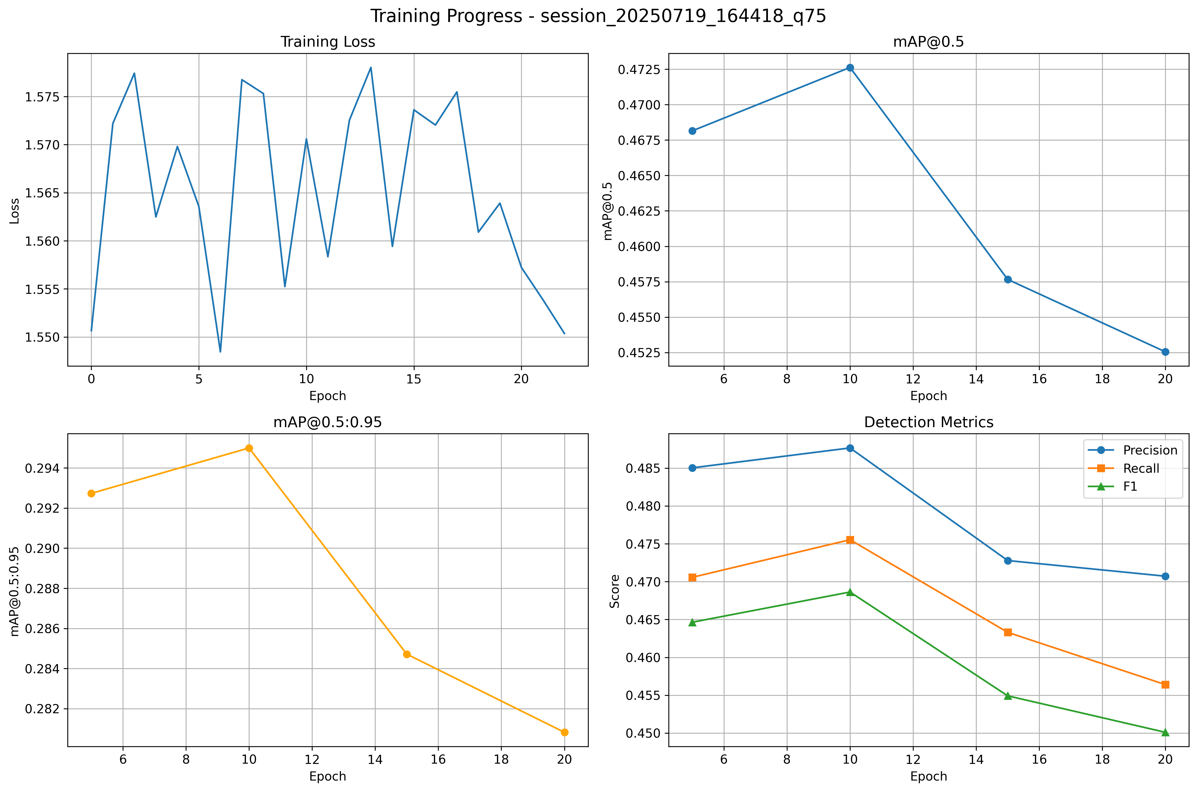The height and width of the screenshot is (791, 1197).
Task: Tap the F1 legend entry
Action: pyautogui.click(x=1130, y=487)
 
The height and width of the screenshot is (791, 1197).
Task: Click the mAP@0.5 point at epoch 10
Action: pyautogui.click(x=850, y=68)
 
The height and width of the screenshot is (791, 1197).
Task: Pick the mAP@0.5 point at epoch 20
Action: pyautogui.click(x=1165, y=352)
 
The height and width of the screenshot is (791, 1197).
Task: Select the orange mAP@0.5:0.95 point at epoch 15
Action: pyautogui.click(x=407, y=654)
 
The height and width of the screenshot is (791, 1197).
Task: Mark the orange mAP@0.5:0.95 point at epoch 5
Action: pyautogui.click(x=91, y=493)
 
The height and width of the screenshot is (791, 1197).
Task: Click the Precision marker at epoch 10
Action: pyautogui.click(x=850, y=448)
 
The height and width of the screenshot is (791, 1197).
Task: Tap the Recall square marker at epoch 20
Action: pyautogui.click(x=1165, y=685)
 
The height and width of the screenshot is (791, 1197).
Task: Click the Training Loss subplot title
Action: pyautogui.click(x=328, y=42)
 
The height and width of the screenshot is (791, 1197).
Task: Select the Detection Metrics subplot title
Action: pyautogui.click(x=928, y=422)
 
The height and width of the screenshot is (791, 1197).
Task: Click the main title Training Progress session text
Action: pyautogui.click(x=598, y=16)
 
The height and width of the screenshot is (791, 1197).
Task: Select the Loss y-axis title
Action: pyautogui.click(x=15, y=211)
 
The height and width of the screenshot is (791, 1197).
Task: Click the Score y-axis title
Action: pyautogui.click(x=614, y=591)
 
